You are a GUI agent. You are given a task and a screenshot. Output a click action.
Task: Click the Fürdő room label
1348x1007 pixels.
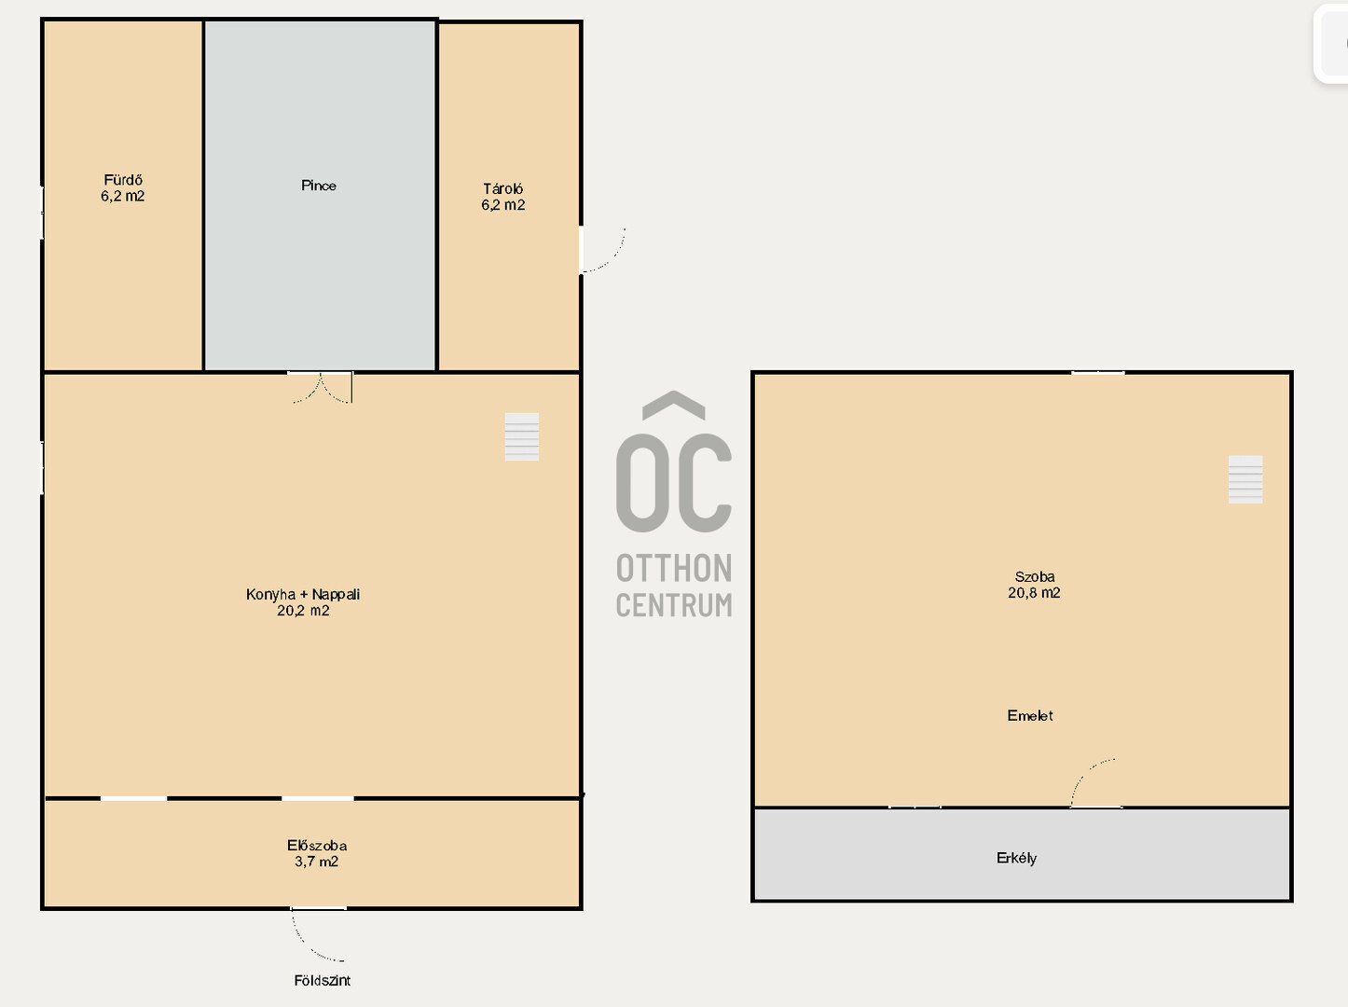(123, 180)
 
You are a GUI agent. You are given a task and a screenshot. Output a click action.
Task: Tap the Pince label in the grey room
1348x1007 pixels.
(318, 186)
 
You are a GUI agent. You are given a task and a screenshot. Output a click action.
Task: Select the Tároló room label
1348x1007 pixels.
(502, 189)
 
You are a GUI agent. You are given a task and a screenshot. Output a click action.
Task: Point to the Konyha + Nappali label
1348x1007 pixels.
(303, 594)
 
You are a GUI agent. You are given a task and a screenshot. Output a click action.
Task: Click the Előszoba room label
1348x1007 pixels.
(317, 846)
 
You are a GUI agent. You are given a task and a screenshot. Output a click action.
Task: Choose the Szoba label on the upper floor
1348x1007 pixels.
(1034, 577)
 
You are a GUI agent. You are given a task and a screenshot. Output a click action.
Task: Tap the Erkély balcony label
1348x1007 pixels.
(1016, 859)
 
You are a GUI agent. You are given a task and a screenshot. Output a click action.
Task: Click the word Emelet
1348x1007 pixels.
(1030, 715)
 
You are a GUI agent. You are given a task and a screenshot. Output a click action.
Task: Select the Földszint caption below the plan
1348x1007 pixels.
(322, 981)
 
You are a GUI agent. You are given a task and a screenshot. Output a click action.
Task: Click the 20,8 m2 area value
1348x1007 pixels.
(1034, 593)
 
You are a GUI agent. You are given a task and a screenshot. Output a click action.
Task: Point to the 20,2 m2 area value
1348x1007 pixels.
(303, 611)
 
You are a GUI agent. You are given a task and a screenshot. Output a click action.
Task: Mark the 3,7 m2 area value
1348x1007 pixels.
(316, 862)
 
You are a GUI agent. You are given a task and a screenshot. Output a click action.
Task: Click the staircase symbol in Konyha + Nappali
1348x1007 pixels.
(522, 436)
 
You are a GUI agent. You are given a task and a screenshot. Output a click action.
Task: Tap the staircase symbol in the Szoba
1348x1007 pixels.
(1245, 479)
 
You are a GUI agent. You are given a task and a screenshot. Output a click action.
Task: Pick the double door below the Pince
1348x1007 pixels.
(321, 387)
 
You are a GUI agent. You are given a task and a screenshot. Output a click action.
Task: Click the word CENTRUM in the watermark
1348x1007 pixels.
(674, 605)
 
